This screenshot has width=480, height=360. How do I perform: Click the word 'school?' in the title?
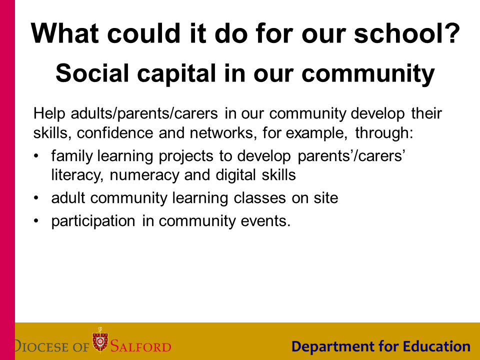[x=407, y=33]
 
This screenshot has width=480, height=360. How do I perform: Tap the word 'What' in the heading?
[x=64, y=33]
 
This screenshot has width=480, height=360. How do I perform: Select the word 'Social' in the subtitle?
[x=92, y=73]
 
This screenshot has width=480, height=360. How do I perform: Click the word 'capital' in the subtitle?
[x=176, y=74]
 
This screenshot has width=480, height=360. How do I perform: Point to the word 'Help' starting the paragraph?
[x=49, y=113]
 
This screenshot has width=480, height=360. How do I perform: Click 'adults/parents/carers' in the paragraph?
[x=144, y=113]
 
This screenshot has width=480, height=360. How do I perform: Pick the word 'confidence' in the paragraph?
[x=115, y=133]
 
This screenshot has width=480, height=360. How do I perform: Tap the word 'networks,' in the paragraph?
[x=223, y=133]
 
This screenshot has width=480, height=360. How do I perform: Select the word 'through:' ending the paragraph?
[x=384, y=133]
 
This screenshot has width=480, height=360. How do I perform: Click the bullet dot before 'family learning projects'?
[x=36, y=156]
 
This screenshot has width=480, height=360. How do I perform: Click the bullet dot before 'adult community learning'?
[x=36, y=198]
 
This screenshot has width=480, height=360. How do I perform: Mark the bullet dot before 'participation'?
[x=36, y=221]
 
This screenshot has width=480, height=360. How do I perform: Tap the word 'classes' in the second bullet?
[x=260, y=198]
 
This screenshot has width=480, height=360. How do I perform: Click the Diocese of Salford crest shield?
[x=100, y=340]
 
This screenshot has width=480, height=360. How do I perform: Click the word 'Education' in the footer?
[x=436, y=346]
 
